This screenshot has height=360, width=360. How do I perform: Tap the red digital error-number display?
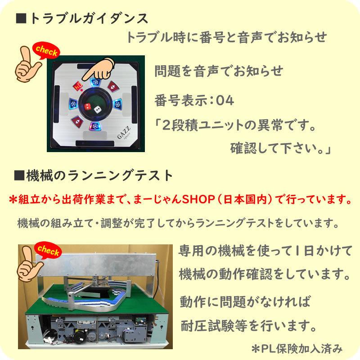[77, 85]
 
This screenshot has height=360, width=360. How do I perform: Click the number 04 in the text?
[225, 99]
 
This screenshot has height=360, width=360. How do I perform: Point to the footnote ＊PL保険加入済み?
[297, 347]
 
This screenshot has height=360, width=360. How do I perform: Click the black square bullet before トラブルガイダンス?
[20, 19]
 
